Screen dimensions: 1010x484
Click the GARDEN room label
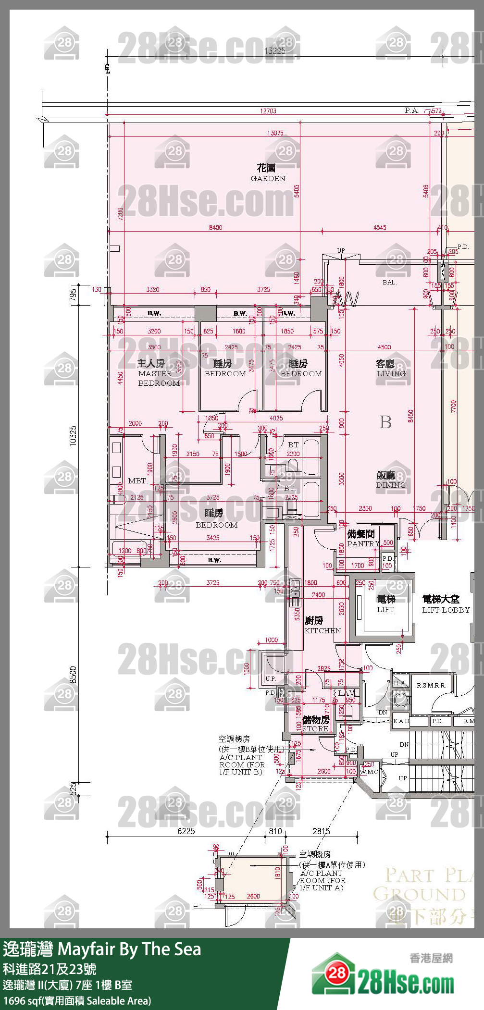tap(268, 173)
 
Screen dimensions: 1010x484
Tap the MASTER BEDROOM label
tap(158, 373)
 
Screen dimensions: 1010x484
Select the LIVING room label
tap(390, 369)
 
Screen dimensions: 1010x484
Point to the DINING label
tap(390, 480)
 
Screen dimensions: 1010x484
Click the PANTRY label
tap(363, 539)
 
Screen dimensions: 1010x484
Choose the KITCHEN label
tap(322, 626)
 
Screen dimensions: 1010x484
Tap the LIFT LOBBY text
tap(445, 604)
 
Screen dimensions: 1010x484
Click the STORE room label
tap(316, 724)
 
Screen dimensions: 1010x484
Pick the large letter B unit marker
tap(385, 422)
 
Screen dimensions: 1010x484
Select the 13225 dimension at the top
tap(274, 51)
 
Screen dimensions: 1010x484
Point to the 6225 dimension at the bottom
tap(186, 831)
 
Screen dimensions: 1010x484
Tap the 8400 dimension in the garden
tap(215, 227)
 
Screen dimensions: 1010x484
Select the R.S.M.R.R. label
tap(431, 685)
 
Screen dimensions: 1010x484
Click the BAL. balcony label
tap(389, 282)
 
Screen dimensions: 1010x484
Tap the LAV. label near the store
tap(346, 693)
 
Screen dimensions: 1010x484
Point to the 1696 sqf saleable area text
tap(77, 1001)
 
